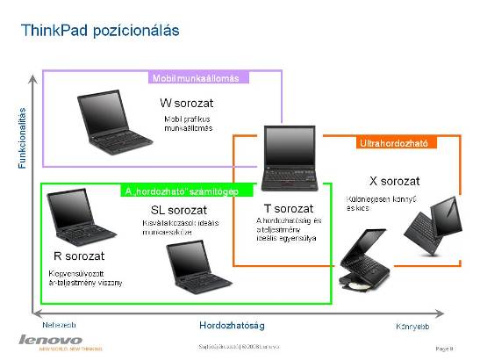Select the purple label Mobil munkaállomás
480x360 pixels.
pos(201,77)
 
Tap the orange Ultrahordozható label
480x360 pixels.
pos(393,142)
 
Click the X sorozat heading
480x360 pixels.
pos(394,181)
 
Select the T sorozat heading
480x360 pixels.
pos(288,208)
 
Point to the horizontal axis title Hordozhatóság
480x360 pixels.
pos(233,324)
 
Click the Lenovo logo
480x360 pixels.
pos(51,339)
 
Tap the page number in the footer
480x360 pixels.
pos(444,349)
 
